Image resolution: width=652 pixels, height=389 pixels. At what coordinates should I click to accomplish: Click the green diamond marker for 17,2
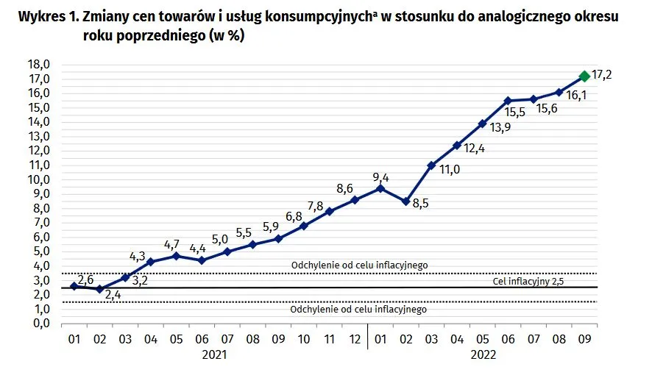click(x=584, y=76)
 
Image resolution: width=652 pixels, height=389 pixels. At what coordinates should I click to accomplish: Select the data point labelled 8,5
click(x=405, y=201)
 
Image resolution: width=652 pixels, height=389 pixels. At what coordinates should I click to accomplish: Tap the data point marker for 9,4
click(x=380, y=189)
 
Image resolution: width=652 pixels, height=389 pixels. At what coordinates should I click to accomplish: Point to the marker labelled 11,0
click(x=431, y=165)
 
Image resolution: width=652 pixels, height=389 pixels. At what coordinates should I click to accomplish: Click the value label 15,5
click(x=515, y=113)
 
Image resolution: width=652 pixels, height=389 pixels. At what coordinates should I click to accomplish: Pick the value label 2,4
click(x=113, y=295)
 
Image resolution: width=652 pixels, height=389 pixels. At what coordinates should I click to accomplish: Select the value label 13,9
click(x=500, y=128)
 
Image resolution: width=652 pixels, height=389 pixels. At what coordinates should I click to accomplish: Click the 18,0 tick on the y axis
click(x=39, y=65)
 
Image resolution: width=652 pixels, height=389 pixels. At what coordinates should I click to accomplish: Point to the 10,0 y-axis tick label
click(x=39, y=179)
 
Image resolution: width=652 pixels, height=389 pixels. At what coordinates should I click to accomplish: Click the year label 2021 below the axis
click(x=214, y=355)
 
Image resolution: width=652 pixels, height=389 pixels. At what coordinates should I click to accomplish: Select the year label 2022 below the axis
click(x=483, y=355)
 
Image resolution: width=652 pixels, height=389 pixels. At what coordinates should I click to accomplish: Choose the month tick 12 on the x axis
click(x=355, y=339)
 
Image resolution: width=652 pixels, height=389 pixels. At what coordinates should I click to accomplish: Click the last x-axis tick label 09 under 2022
click(x=584, y=339)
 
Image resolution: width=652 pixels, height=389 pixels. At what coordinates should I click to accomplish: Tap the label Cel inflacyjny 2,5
click(x=528, y=282)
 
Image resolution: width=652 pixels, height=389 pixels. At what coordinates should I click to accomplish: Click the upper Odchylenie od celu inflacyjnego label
click(x=359, y=265)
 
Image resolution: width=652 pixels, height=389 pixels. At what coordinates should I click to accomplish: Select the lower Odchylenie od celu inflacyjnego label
click(x=358, y=309)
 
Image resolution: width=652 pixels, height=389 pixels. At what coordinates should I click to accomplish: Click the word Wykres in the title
click(x=40, y=17)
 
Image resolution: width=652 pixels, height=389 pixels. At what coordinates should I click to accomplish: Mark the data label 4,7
click(x=171, y=245)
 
